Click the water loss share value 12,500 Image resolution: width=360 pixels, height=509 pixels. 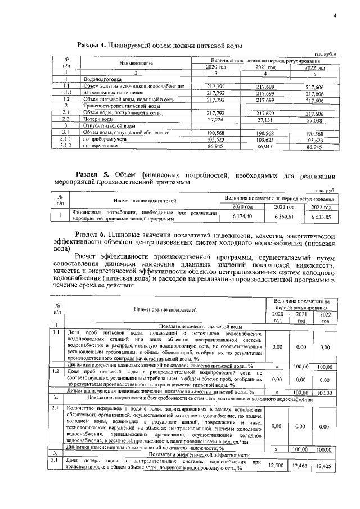click(x=275, y=465)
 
